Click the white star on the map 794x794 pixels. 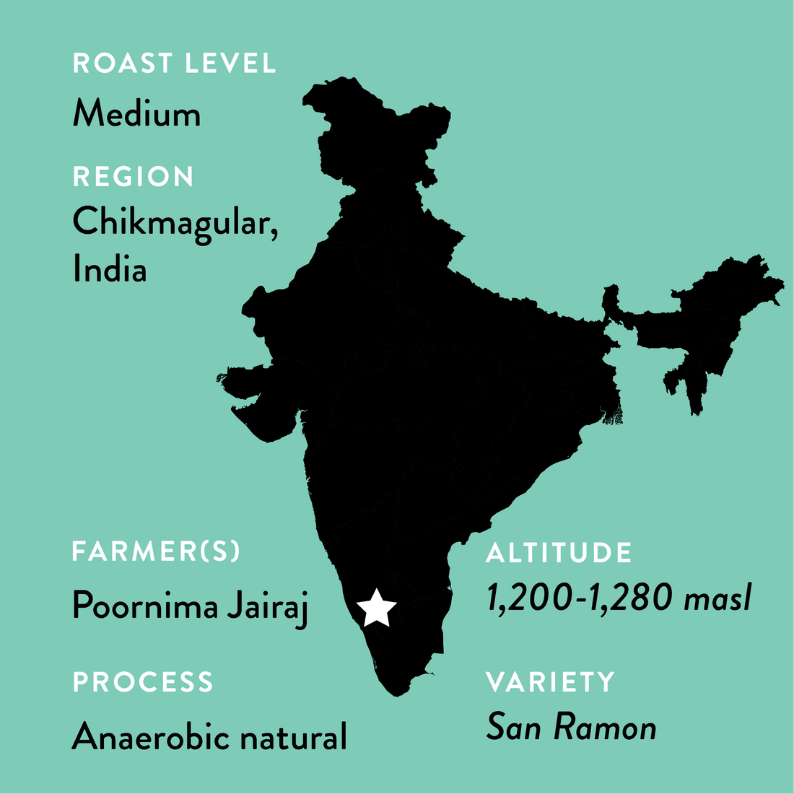click(x=376, y=608)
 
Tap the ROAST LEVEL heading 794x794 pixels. click(x=174, y=64)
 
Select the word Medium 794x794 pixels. click(x=136, y=114)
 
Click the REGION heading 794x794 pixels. click(x=134, y=177)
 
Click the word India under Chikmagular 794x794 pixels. click(x=110, y=269)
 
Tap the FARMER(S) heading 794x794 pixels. click(x=156, y=552)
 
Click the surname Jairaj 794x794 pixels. click(x=268, y=606)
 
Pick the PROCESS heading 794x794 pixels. click(x=143, y=682)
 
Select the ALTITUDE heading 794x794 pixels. click(x=559, y=554)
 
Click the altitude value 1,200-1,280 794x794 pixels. click(x=580, y=598)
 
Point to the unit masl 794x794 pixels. click(x=717, y=598)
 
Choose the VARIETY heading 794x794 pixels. click(x=550, y=682)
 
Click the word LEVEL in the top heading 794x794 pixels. click(x=230, y=64)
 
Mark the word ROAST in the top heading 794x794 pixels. click(x=123, y=64)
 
